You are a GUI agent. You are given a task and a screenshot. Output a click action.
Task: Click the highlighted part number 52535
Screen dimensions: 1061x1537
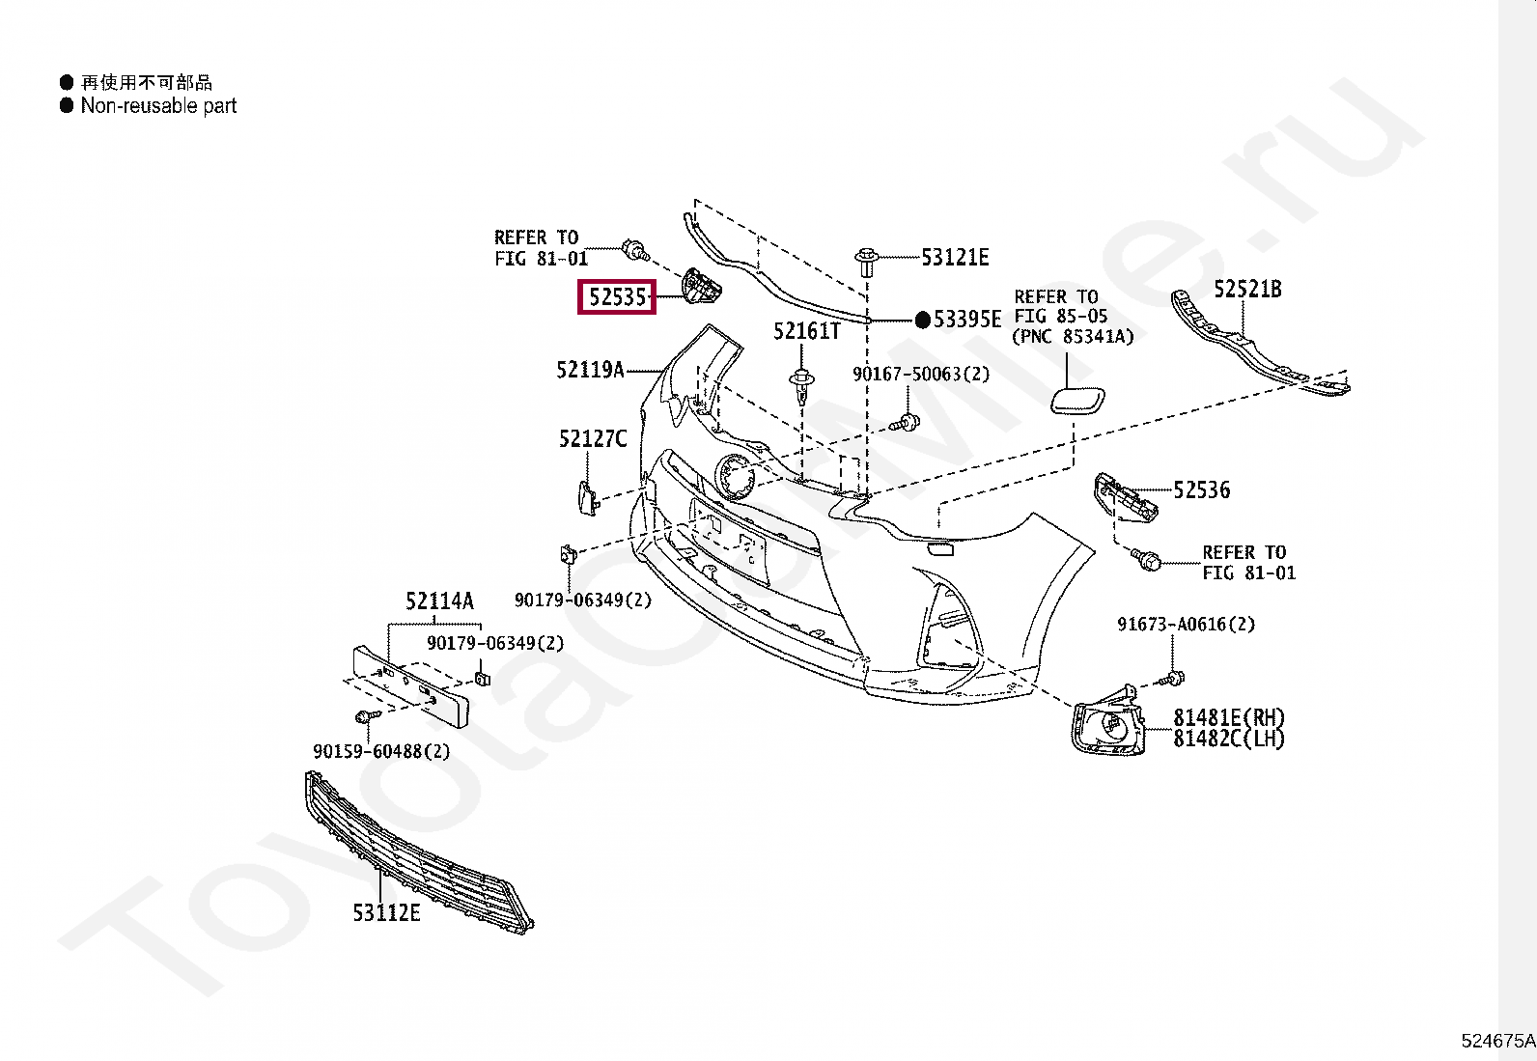617,297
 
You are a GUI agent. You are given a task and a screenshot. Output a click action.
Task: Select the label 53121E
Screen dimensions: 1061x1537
954,258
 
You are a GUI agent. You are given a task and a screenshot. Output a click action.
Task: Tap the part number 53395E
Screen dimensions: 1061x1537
966,320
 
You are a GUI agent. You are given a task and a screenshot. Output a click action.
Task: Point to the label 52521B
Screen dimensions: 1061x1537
1247,290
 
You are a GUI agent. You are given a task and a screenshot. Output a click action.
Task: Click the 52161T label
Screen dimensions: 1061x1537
806,332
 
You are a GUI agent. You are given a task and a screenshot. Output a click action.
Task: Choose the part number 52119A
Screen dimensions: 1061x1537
590,370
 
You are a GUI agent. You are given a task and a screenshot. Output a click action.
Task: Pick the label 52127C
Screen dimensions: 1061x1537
592,440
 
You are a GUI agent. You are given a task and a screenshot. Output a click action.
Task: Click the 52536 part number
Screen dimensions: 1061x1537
1202,490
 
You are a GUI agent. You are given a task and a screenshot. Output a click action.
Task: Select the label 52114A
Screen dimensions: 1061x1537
439,602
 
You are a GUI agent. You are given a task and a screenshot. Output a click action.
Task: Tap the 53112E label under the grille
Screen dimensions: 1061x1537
386,912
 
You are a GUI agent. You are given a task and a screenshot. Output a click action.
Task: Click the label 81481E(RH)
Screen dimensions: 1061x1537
1229,717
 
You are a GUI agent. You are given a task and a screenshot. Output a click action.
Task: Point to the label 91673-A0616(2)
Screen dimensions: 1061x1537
1186,625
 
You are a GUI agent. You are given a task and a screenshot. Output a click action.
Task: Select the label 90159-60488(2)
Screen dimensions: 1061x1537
381,751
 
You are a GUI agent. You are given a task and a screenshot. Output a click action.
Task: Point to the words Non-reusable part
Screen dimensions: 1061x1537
158,106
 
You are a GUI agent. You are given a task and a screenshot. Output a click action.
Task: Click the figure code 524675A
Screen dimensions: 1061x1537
1496,1041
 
